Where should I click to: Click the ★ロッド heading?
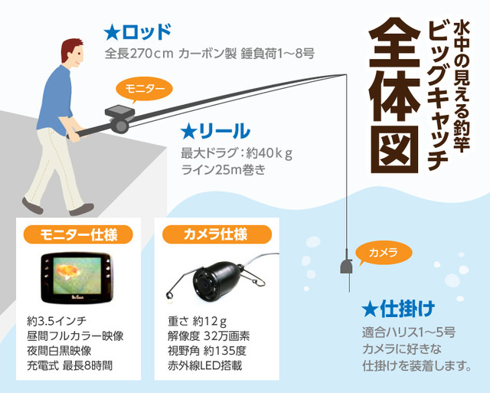[138, 32]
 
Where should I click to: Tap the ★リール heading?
[215, 131]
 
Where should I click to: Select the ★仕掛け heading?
[398, 309]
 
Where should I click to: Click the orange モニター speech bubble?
[144, 89]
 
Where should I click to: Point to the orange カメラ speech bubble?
[384, 253]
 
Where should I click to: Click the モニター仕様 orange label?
[78, 234]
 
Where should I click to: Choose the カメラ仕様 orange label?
[217, 234]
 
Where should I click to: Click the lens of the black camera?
[206, 284]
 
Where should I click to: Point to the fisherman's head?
[73, 53]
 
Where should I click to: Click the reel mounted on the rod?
[120, 126]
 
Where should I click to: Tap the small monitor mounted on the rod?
[119, 111]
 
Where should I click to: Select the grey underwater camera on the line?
[346, 266]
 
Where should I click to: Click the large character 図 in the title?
[395, 149]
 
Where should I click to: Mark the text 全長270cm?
[139, 54]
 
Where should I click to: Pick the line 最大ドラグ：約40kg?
[237, 153]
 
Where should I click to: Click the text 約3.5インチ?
[57, 321]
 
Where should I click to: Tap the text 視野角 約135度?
[207, 351]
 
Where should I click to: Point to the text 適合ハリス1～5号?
[409, 332]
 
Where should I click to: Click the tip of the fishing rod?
[346, 74]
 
